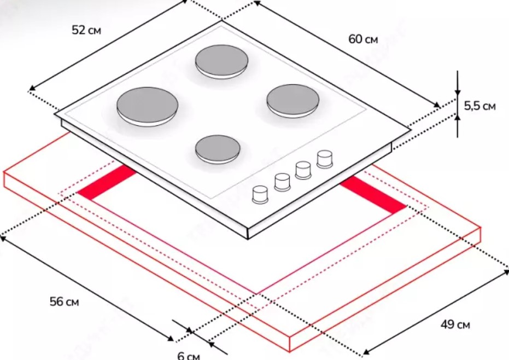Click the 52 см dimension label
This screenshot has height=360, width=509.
click(x=86, y=30)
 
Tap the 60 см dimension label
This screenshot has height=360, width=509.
click(x=363, y=39)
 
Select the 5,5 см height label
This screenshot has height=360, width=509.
click(x=480, y=106)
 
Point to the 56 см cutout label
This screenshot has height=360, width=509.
click(x=65, y=301)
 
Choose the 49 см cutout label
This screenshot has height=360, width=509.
click(x=455, y=324)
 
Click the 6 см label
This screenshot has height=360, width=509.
click(x=189, y=356)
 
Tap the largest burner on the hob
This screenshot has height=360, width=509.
click(x=148, y=106)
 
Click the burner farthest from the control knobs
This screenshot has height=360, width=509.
click(x=222, y=61)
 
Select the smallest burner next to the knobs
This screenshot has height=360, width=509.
click(x=218, y=149)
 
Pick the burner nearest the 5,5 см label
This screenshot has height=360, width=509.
click(x=293, y=101)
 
